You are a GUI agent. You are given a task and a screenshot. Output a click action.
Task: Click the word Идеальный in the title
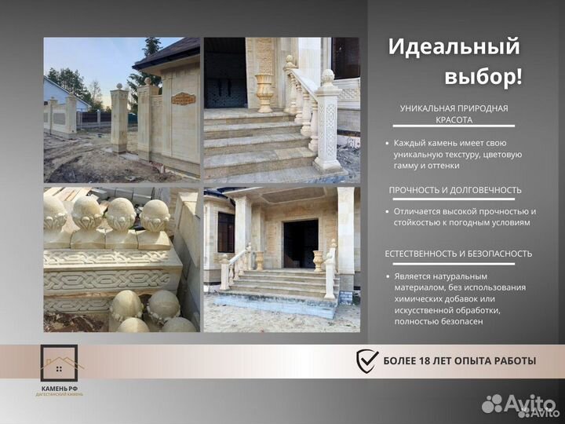[454, 46]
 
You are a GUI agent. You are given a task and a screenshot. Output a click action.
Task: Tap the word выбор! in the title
[483, 77]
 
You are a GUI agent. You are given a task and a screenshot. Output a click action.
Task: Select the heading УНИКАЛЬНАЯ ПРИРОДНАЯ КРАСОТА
[454, 114]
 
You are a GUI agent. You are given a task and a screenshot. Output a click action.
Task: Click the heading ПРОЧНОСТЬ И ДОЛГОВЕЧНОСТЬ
[454, 190]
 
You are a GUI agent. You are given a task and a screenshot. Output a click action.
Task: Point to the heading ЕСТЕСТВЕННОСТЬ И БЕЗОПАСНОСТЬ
[458, 254]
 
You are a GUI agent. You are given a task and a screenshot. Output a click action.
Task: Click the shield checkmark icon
[367, 361]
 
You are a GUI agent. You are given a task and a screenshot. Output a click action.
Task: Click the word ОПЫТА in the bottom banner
[479, 361]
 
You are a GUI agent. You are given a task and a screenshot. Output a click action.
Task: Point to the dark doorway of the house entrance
[301, 244]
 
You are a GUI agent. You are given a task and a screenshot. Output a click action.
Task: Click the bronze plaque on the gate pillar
[183, 99]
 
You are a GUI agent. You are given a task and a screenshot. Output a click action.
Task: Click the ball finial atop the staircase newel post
[327, 77]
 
